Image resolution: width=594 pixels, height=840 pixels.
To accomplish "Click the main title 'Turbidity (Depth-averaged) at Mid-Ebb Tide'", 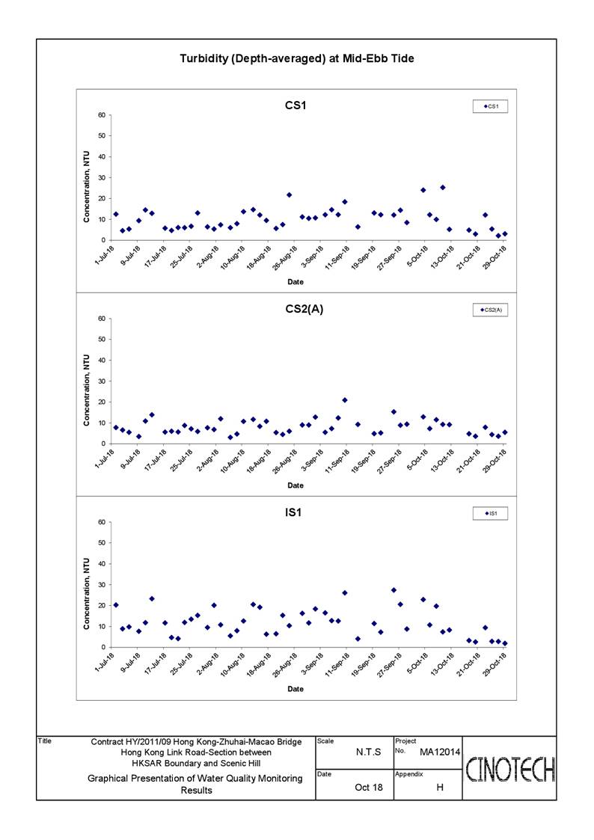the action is (297, 58).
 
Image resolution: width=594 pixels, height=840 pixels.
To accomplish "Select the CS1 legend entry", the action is (490, 107).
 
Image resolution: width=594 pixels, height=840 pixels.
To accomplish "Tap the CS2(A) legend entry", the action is (490, 310).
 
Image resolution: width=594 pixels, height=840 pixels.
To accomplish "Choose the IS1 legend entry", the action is (490, 514).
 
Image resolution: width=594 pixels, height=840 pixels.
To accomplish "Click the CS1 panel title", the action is (296, 105).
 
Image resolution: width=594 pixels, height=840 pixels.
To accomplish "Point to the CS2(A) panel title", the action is (304, 309).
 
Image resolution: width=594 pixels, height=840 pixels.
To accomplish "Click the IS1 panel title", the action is (293, 512).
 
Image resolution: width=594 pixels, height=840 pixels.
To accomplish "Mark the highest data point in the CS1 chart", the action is (443, 188).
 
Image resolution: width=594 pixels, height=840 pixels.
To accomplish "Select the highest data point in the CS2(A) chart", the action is (345, 400).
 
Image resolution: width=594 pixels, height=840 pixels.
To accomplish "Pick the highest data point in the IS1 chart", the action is (394, 590).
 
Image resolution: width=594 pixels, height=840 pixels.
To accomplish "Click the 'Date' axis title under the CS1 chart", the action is (296, 282).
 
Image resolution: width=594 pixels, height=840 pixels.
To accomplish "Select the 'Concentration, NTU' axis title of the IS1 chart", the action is (86, 594).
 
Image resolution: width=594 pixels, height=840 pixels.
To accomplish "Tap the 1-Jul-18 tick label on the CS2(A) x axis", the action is (105, 459).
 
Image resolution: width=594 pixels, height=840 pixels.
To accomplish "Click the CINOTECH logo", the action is (510, 770).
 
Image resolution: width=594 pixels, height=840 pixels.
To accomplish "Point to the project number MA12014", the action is (440, 752).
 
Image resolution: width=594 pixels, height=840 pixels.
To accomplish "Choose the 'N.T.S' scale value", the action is (369, 752).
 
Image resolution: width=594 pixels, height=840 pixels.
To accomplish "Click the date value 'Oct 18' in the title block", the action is (369, 788).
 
